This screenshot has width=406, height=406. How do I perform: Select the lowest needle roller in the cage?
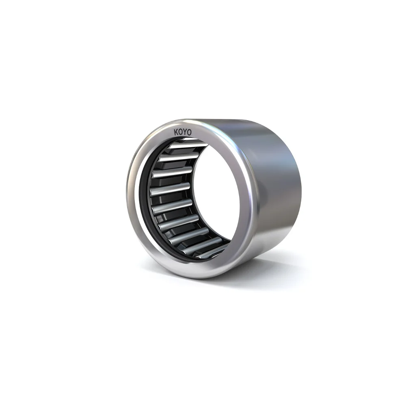coord(209,253)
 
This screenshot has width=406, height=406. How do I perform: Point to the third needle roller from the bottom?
coord(187,235)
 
